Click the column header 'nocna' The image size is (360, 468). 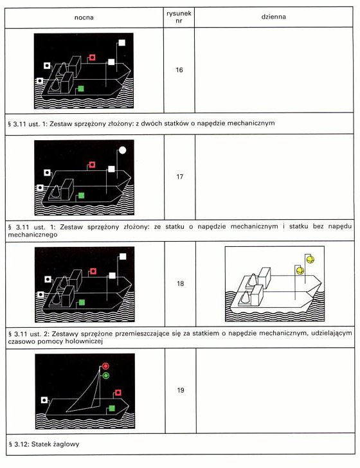click(x=84, y=17)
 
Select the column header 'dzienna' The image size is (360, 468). click(x=273, y=17)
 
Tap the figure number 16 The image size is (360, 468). click(x=179, y=70)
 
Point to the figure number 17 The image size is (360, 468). click(x=179, y=177)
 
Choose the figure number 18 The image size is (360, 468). click(x=180, y=283)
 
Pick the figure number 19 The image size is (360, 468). click(x=180, y=390)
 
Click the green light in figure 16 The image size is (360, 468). click(x=80, y=89)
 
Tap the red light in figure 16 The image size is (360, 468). click(x=92, y=57)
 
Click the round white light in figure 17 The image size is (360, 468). click(x=122, y=150)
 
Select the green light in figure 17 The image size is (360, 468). click(x=81, y=195)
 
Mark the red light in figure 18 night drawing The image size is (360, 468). click(x=93, y=271)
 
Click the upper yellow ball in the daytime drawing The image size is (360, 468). click(x=310, y=259)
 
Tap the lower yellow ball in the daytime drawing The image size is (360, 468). click(x=300, y=271)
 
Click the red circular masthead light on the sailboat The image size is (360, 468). click(x=105, y=366)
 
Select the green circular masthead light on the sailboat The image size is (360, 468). click(x=105, y=376)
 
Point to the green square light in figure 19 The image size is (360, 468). click(x=112, y=408)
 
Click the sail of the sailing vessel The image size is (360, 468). click(x=85, y=397)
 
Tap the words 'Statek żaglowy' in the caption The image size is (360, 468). click(x=55, y=444)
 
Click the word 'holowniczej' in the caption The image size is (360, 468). click(x=85, y=341)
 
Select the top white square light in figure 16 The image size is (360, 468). click(x=122, y=42)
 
